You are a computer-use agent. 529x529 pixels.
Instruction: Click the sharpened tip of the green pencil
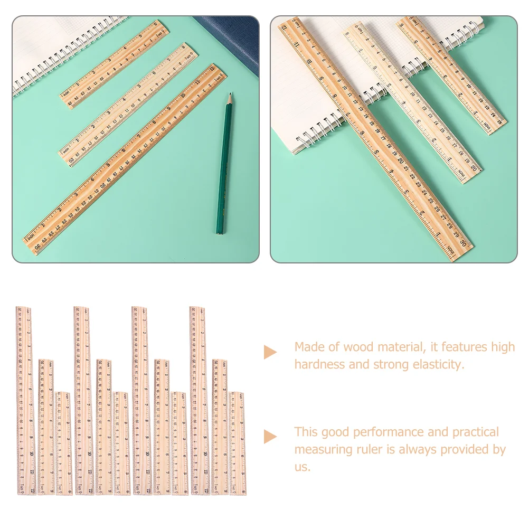tap(230, 96)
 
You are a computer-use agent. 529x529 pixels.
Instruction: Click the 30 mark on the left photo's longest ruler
tap(37, 246)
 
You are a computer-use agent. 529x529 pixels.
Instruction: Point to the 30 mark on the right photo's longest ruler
tap(463, 244)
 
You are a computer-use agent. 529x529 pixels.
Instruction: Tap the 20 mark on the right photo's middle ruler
tap(473, 169)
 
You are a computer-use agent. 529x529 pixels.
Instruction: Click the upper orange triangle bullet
tap(270, 352)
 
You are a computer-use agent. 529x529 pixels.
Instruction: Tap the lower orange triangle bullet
tap(270, 437)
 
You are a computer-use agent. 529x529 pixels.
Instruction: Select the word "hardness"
tap(319, 365)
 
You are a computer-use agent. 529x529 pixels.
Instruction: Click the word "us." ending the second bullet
tap(303, 467)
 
